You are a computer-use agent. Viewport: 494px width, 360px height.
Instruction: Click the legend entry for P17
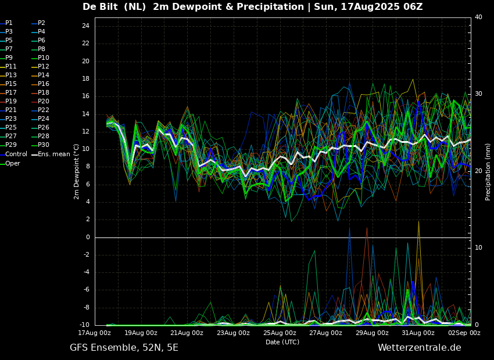point(9,92)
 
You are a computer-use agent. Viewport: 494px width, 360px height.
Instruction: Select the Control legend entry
point(13,154)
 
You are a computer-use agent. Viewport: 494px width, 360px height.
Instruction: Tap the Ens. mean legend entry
point(51,154)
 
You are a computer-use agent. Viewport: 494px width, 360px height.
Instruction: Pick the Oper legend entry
point(10,163)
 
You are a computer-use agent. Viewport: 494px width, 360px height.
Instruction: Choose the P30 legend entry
point(41,145)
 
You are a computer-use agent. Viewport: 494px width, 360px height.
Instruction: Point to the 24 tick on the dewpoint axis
point(85,26)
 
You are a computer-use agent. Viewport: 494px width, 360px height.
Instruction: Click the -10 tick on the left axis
point(85,325)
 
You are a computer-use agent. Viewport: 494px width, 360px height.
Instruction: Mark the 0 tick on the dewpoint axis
point(88,237)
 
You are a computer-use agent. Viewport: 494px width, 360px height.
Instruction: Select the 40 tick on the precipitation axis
point(478,17)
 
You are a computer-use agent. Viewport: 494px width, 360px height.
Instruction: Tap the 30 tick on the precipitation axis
point(478,94)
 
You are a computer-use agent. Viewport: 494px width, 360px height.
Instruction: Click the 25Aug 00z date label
point(280,333)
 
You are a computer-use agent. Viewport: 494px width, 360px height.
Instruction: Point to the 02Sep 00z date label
point(464,333)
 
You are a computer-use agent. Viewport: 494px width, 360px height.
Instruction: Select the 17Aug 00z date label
point(95,333)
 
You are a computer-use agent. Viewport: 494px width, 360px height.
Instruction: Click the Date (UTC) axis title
point(282,342)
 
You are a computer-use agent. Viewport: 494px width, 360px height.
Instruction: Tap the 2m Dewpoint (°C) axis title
point(76,172)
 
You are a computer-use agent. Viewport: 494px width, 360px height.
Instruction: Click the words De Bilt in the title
point(100,6)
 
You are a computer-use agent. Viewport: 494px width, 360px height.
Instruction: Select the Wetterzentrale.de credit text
point(420,348)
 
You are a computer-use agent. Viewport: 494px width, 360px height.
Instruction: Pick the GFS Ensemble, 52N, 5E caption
point(124,348)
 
